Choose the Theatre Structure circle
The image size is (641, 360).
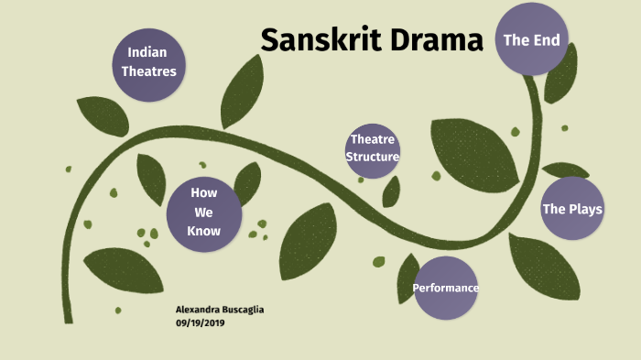tap(374, 148)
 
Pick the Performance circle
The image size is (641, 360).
tap(446, 289)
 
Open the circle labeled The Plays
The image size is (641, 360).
tap(572, 209)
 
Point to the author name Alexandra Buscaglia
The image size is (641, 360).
tap(219, 310)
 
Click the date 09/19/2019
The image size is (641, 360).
tap(201, 323)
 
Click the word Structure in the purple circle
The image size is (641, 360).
tap(374, 157)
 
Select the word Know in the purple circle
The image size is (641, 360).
tap(203, 231)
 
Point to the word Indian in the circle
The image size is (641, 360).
tap(147, 52)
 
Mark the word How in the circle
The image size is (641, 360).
tap(203, 192)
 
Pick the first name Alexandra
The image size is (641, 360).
tap(197, 310)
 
